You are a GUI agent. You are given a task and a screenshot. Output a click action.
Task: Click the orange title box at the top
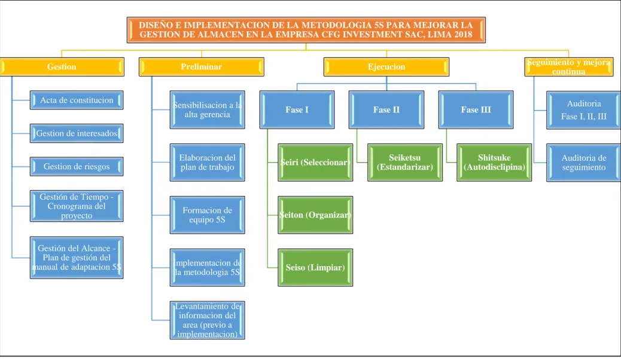[x=306, y=30]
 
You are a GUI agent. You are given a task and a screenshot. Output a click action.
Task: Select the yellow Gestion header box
[x=62, y=66]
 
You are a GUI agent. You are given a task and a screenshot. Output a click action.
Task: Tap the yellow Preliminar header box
[x=201, y=66]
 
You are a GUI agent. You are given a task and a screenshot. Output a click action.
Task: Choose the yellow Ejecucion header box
[x=386, y=66]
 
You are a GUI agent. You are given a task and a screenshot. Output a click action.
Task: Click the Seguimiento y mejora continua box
[x=569, y=66]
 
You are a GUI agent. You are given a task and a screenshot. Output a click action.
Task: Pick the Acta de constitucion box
[x=77, y=100]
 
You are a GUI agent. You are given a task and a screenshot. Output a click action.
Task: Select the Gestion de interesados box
[x=77, y=133]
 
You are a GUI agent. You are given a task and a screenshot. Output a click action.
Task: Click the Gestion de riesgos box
[x=77, y=166]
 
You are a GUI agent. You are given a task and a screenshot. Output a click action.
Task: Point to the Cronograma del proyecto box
[x=77, y=206]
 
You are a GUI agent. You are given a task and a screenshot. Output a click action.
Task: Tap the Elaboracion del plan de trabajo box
[x=207, y=163]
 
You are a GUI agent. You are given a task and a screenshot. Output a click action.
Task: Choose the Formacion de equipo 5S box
[x=207, y=215]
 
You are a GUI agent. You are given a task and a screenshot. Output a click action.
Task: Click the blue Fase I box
[x=297, y=109]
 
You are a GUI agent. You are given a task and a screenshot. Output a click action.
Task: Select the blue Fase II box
[x=386, y=109]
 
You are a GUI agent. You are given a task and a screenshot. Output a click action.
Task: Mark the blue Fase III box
[x=476, y=109]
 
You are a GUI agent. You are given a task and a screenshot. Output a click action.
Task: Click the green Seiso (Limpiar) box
[x=315, y=267]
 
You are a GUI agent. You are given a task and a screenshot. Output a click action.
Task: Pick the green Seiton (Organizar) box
[x=315, y=215]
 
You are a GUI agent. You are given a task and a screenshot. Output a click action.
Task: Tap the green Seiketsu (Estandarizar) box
[x=405, y=163]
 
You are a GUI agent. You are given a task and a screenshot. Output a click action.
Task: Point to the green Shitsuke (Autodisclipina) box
[x=494, y=163]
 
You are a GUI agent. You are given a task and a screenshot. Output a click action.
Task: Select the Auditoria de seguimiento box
[x=584, y=163]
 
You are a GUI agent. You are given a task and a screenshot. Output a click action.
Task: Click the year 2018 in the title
[x=463, y=35]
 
